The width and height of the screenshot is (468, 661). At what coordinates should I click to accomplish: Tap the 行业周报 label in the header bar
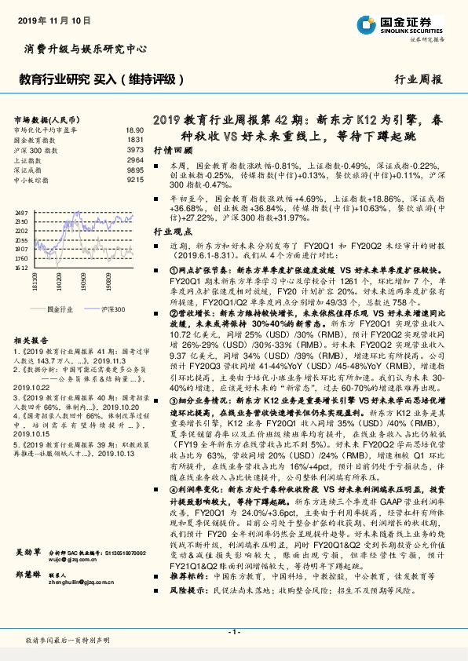(418, 80)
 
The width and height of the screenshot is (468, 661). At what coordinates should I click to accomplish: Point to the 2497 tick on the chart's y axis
(21, 213)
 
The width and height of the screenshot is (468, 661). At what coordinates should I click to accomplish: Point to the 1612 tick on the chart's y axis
(21, 267)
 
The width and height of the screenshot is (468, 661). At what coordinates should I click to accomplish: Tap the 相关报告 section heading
(29, 342)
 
